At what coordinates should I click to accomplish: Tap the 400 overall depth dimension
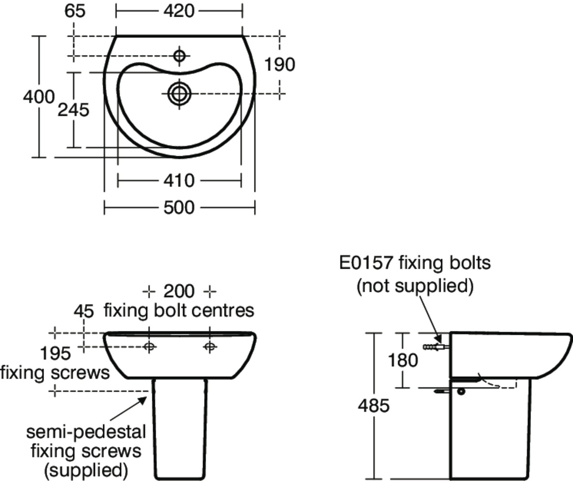click(x=38, y=96)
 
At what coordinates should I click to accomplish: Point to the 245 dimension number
click(x=73, y=110)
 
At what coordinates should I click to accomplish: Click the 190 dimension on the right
click(x=280, y=64)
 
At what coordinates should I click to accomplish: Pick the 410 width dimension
click(x=179, y=181)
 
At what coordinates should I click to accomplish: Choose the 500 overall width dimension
click(x=179, y=208)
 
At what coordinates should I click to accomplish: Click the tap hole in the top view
click(x=180, y=56)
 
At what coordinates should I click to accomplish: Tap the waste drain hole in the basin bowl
click(x=179, y=93)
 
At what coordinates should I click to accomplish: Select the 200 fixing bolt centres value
click(x=179, y=291)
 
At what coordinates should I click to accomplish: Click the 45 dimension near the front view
click(x=84, y=311)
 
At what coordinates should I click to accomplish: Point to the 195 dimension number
click(x=55, y=354)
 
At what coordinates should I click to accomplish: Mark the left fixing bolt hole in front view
click(x=149, y=347)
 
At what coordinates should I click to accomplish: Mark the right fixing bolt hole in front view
click(x=210, y=347)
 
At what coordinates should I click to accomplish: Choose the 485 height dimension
click(x=374, y=406)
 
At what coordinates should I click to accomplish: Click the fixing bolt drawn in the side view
click(x=435, y=347)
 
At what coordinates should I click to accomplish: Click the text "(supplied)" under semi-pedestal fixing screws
click(x=86, y=470)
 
